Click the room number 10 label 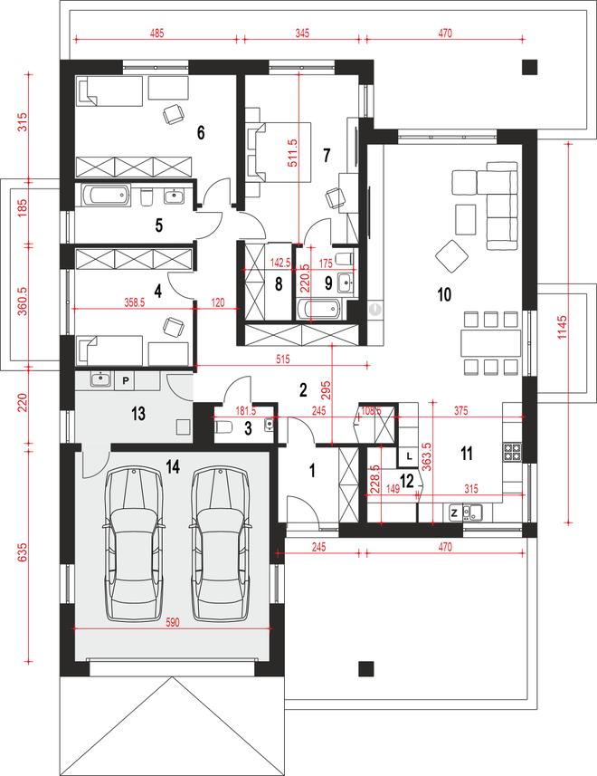(x=444, y=294)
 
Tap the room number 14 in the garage (x=173, y=466)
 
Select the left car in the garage (x=134, y=544)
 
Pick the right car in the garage (x=220, y=544)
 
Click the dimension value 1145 (x=562, y=328)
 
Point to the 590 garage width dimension (x=172, y=622)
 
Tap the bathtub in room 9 (x=319, y=310)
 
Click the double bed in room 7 (x=280, y=151)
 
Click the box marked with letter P (x=126, y=380)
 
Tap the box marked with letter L (x=409, y=456)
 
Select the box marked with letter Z (x=455, y=513)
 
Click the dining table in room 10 (x=491, y=343)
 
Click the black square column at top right (x=530, y=67)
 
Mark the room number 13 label (x=138, y=413)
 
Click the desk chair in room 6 (x=174, y=115)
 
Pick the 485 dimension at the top (x=156, y=34)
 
